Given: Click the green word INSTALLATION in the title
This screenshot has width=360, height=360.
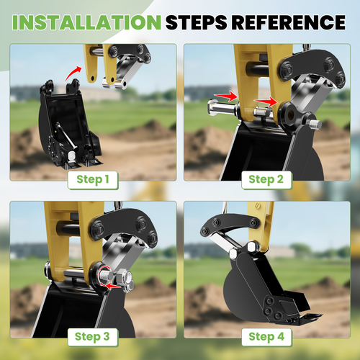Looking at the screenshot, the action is pos(86,22).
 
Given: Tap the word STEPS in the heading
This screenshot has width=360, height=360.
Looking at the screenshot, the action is pos(196,22).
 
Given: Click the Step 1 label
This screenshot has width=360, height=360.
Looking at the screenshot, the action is pos(93,179).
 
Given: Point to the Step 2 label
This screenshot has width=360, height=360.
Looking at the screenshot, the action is pos(266,179).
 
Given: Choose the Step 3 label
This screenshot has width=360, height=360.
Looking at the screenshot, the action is pos(92,337).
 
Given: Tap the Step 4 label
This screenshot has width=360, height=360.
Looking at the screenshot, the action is pos(266,337).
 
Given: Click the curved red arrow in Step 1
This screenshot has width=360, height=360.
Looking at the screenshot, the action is pos(72,73).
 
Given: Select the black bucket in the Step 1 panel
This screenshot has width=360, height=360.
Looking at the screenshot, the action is pos(70,125).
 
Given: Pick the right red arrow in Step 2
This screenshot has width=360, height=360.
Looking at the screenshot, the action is pos(266,102).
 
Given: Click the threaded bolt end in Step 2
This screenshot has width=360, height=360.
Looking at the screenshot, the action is pos(316,124).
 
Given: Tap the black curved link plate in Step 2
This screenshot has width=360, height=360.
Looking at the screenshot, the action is pos(312,67).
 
